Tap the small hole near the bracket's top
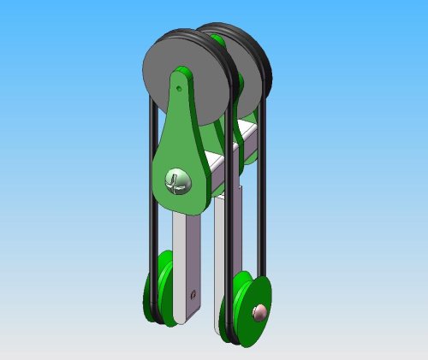coord(178,87)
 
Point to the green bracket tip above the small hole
coord(181,73)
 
